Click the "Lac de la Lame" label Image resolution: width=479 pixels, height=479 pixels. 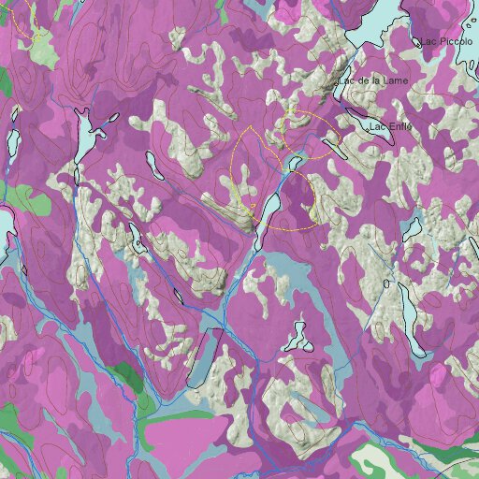click(375, 81)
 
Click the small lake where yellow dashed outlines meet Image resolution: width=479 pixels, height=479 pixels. click(295, 163)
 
